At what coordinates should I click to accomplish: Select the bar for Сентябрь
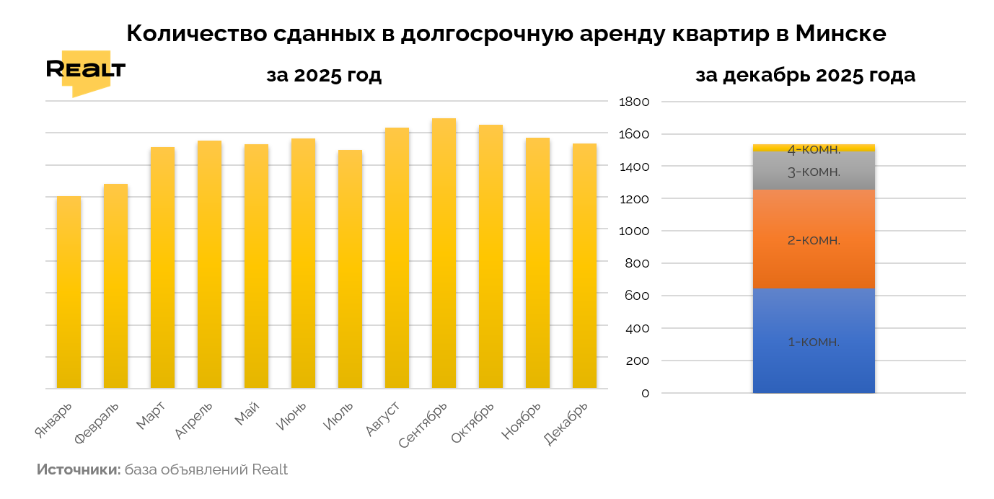tap(444, 254)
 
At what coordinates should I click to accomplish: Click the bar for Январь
tap(69, 293)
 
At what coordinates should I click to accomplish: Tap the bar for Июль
tap(350, 270)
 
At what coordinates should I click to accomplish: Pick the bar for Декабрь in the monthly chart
tap(584, 266)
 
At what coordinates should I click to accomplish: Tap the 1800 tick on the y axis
tap(635, 102)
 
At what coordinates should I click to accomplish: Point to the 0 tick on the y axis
tap(645, 394)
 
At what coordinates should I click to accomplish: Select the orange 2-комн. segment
tap(814, 239)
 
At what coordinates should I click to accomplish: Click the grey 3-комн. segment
tap(814, 172)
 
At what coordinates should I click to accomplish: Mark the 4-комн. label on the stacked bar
tap(814, 150)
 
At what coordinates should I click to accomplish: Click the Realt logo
tap(85, 71)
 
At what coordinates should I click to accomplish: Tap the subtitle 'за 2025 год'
tap(323, 75)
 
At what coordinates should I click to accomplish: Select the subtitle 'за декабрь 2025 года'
tap(805, 75)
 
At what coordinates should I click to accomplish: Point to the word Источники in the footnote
tap(79, 470)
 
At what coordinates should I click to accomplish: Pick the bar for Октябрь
tap(491, 257)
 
